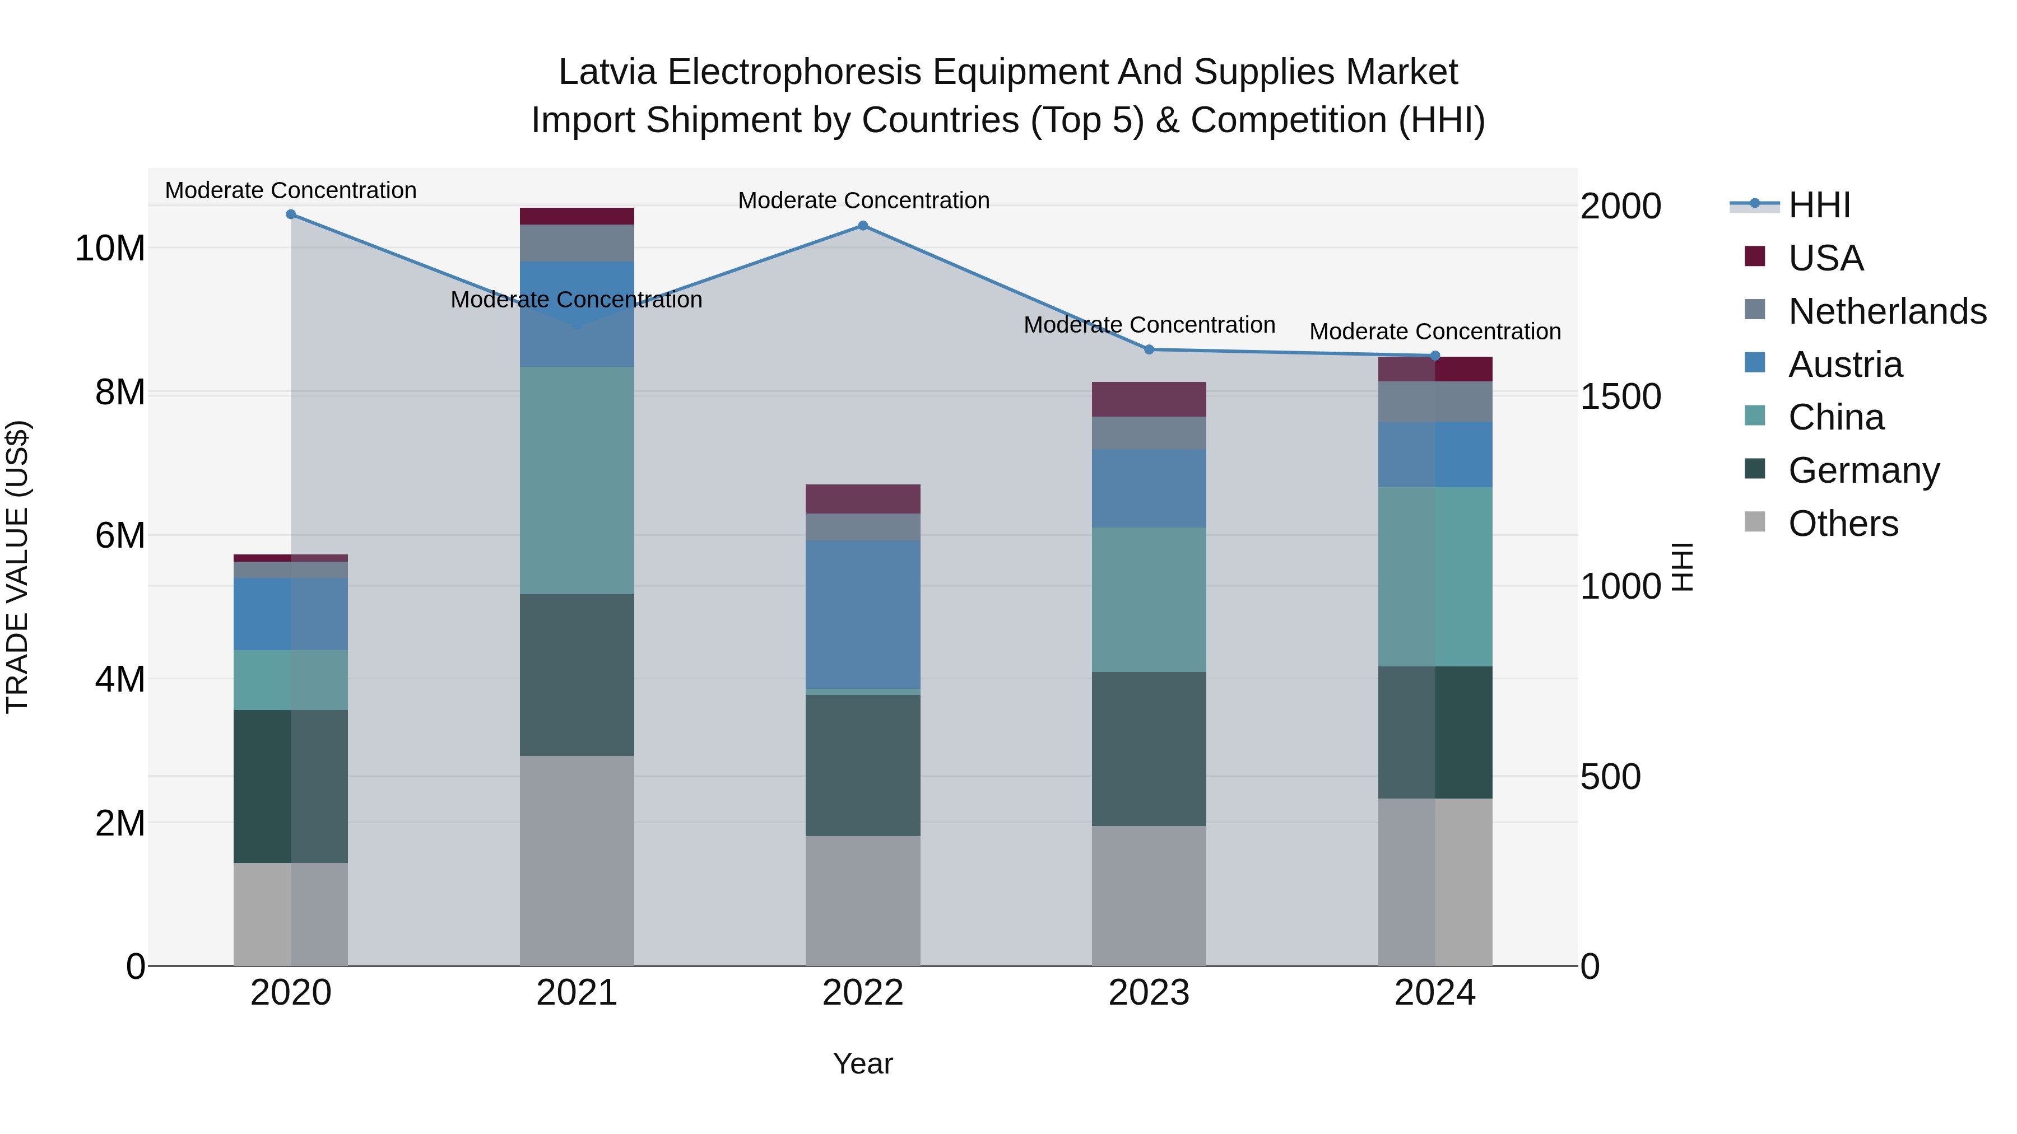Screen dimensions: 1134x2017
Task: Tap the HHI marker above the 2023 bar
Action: tap(1149, 350)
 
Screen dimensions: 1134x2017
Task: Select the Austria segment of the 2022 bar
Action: tap(863, 614)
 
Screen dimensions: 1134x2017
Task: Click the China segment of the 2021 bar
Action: tap(577, 480)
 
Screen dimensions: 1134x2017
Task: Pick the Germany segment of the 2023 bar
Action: tap(1149, 748)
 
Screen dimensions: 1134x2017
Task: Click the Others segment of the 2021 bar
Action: tap(577, 860)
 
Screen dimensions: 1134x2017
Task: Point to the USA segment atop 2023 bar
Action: tap(1149, 399)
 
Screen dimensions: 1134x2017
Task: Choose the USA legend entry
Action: tap(1825, 258)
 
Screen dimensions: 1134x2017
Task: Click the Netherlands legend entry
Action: tap(1887, 311)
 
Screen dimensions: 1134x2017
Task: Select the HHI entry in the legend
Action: tap(1819, 205)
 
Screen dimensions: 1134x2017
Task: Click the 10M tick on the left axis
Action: tap(110, 249)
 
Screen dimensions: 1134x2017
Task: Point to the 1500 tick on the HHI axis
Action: tap(1619, 397)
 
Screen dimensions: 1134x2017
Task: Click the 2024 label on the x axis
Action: tap(1434, 993)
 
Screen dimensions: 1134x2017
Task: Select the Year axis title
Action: tap(863, 1063)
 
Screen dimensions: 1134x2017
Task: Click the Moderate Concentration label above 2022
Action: tap(863, 200)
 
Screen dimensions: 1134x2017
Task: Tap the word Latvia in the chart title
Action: tap(607, 72)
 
